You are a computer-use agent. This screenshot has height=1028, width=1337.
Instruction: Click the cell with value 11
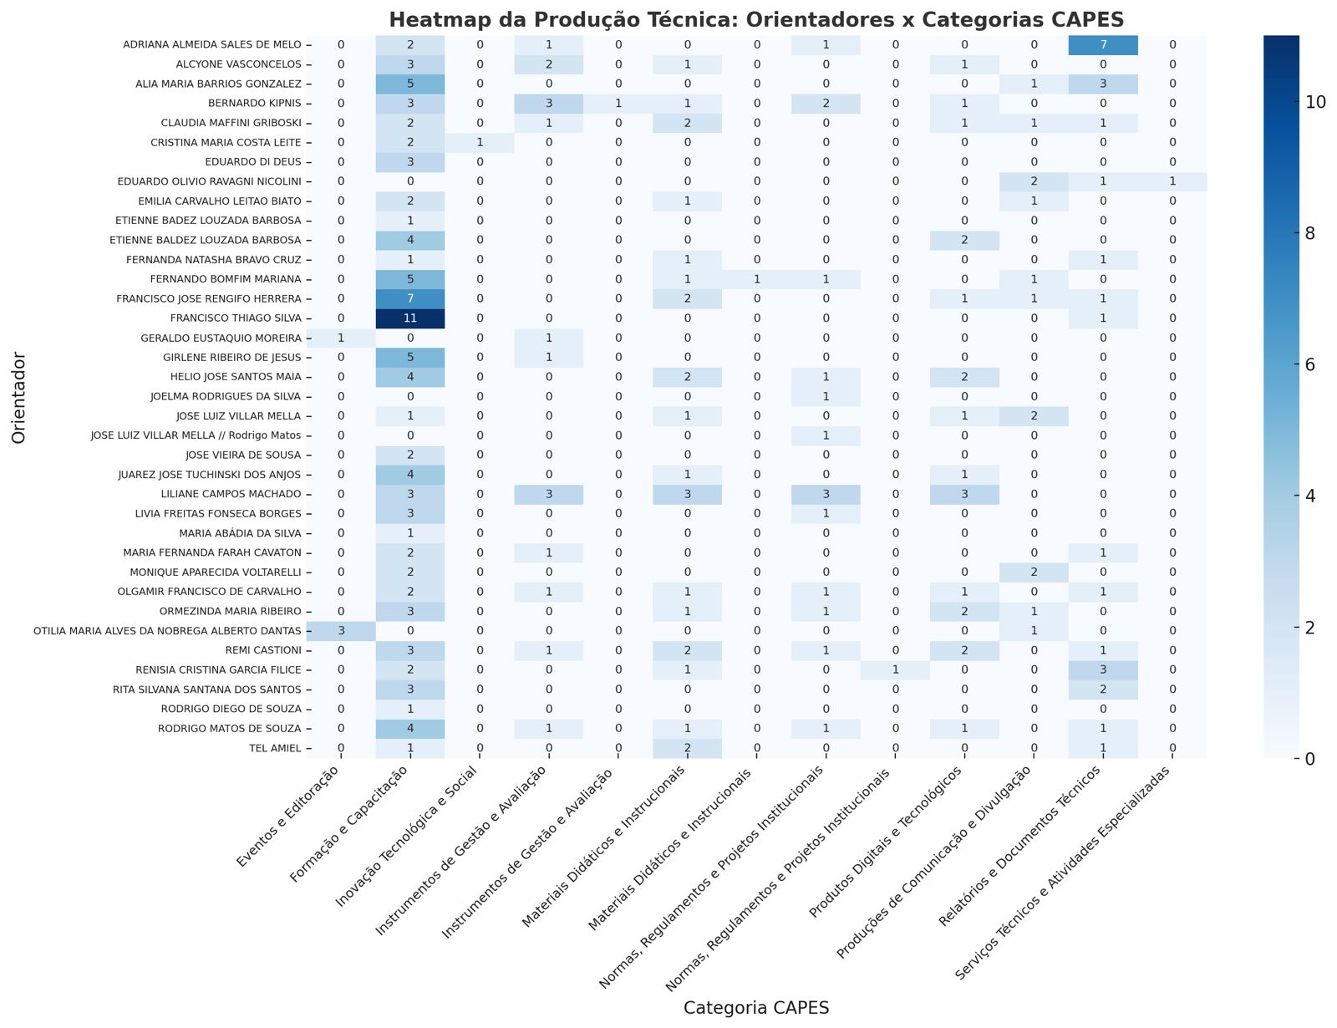point(410,318)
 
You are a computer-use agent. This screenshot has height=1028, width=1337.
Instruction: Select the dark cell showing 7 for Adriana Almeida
point(1103,44)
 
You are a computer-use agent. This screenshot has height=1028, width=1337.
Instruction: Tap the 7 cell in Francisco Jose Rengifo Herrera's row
point(410,298)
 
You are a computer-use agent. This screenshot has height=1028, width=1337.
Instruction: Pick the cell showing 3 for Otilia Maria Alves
point(341,631)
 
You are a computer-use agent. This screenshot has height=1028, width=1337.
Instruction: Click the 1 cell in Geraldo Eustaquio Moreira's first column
point(341,338)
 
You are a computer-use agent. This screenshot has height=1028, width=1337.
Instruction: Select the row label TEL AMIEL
point(278,749)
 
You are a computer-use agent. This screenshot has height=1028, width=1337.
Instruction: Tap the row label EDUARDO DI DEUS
point(262,162)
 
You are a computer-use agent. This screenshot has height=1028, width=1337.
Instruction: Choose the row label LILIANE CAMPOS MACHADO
point(242,494)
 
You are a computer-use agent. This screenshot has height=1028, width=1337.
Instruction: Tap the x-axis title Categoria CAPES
point(755,1008)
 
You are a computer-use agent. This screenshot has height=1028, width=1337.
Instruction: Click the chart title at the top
point(755,19)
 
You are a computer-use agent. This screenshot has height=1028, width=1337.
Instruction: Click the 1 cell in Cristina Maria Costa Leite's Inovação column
point(480,142)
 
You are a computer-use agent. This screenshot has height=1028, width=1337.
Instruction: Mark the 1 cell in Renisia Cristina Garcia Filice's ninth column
point(895,670)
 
